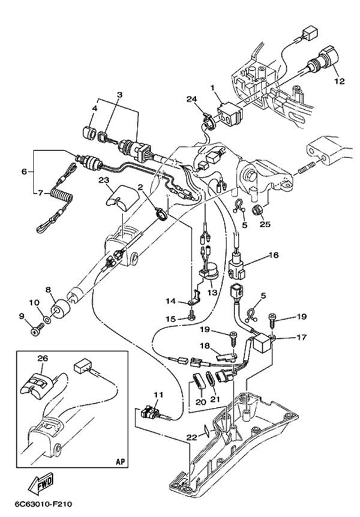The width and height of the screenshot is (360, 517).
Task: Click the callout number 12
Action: pos(339,81)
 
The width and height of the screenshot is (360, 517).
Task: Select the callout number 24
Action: pos(191,99)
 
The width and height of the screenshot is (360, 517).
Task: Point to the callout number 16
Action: pos(274,255)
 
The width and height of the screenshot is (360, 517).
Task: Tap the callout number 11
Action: pos(158,395)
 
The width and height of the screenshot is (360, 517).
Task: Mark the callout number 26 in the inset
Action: pos(41,359)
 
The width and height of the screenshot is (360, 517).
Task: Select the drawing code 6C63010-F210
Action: pos(40,504)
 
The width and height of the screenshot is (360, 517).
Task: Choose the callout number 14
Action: pos(170,300)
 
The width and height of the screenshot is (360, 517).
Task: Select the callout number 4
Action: pos(94,109)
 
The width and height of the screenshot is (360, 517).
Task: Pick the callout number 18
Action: pos(205,346)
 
